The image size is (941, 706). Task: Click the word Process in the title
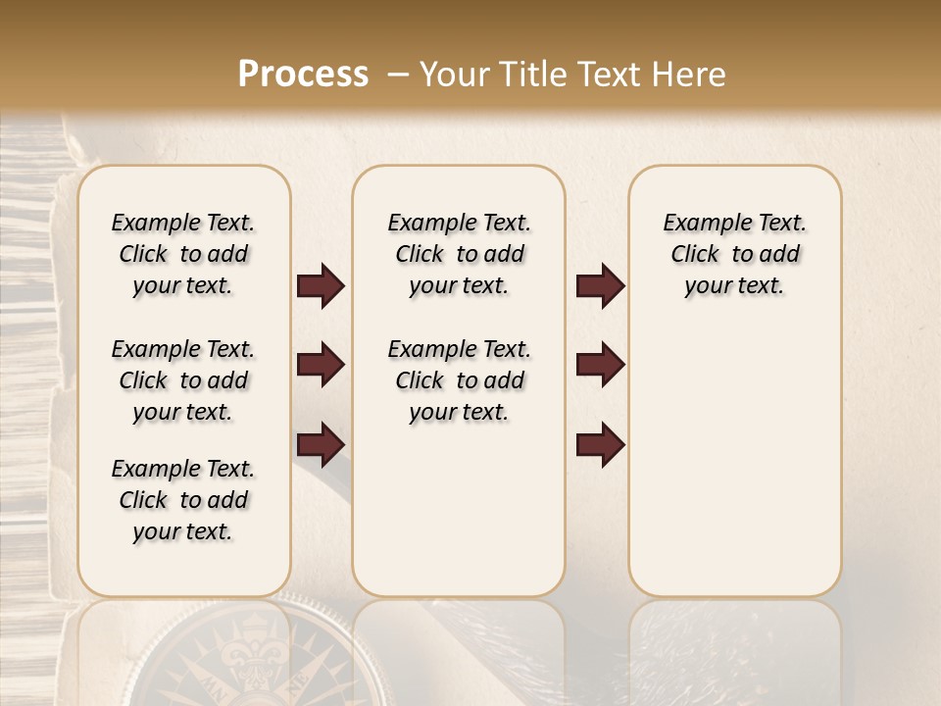pyautogui.click(x=303, y=75)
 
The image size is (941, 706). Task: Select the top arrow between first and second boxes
pyautogui.click(x=321, y=286)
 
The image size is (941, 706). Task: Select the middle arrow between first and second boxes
pyautogui.click(x=321, y=366)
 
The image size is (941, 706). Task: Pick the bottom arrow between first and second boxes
pyautogui.click(x=321, y=445)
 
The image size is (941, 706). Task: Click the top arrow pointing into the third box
pyautogui.click(x=600, y=286)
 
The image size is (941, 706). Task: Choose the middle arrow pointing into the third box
pyautogui.click(x=600, y=366)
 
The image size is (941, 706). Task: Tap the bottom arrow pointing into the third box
pyautogui.click(x=600, y=445)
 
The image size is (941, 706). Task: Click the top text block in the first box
pyautogui.click(x=183, y=254)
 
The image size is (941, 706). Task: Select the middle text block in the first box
pyautogui.click(x=183, y=380)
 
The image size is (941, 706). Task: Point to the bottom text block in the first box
pyautogui.click(x=183, y=500)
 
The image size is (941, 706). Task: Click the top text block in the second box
pyautogui.click(x=460, y=254)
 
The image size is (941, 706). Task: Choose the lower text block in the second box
pyautogui.click(x=460, y=380)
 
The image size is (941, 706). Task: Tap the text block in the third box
pyautogui.click(x=735, y=254)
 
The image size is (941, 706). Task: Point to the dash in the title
pyautogui.click(x=397, y=75)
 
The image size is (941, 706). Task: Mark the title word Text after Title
pyautogui.click(x=606, y=75)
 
